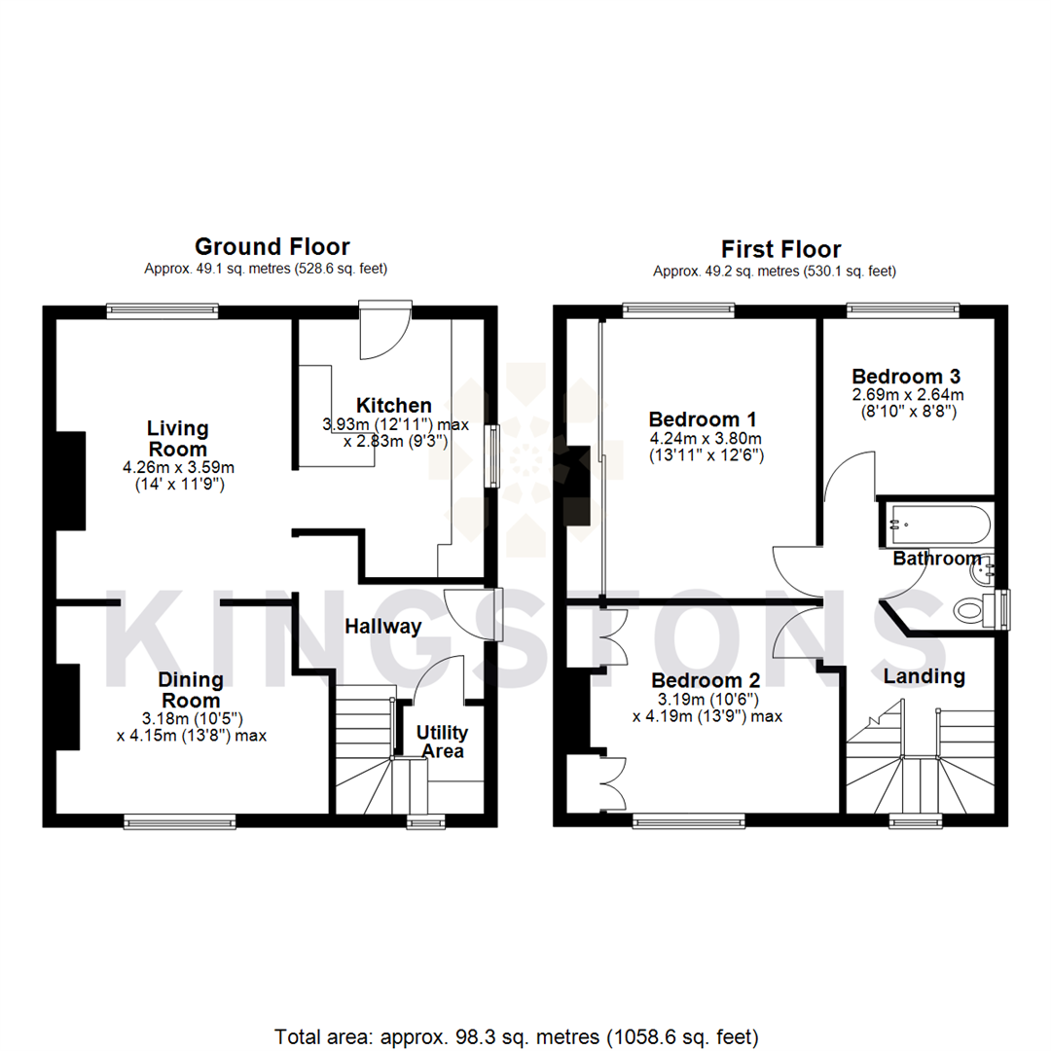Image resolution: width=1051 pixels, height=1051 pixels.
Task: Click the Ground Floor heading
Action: pos(272,247)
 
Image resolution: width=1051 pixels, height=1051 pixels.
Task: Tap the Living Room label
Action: pos(177,438)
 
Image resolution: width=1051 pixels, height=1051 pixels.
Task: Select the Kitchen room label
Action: pos(393,405)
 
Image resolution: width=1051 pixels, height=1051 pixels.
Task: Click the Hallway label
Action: pos(382,627)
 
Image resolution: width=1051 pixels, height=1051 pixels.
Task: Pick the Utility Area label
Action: pos(442,741)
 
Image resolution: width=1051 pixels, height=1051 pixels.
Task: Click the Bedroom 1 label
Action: pos(703,418)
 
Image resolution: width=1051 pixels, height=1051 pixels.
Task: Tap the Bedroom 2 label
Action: pos(706,679)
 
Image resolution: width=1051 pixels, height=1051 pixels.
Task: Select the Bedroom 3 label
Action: pos(907,376)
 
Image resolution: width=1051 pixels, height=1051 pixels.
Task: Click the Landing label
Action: pos(924,675)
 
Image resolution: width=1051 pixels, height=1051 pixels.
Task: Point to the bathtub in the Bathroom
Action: pos(937,524)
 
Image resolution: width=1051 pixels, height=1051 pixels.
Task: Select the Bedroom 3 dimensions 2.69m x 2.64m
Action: pos(907,395)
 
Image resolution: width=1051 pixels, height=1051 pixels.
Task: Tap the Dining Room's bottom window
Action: pos(180,822)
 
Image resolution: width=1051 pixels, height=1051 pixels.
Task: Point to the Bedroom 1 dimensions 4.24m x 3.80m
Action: pos(703,438)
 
